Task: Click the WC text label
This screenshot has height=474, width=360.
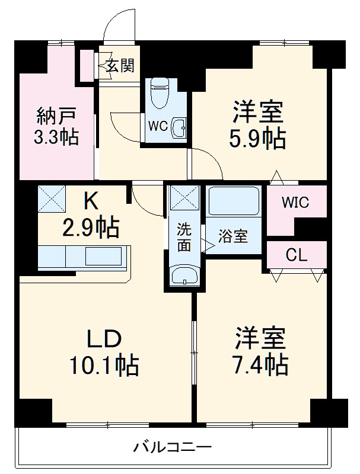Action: click(157, 126)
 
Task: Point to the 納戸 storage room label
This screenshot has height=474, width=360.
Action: click(56, 114)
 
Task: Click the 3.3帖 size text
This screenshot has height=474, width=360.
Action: click(56, 138)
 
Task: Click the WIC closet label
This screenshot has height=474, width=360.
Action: click(295, 203)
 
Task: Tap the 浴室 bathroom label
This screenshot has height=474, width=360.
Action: click(232, 236)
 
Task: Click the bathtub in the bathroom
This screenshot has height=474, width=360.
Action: click(234, 202)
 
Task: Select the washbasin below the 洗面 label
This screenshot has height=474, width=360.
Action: click(183, 276)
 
